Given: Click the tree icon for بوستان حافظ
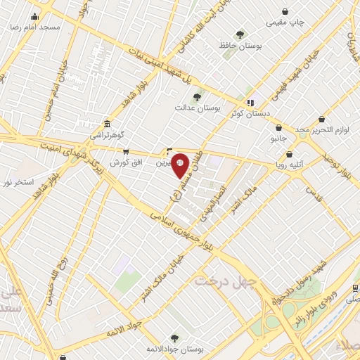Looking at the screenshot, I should (x=240, y=34).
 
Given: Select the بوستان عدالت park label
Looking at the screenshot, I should (x=217, y=110).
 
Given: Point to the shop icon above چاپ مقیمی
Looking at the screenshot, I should (x=285, y=11).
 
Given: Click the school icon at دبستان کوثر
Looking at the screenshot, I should (x=250, y=103).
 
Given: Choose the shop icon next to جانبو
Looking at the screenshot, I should (x=279, y=128).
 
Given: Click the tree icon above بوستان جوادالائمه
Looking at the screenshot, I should (x=174, y=338).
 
